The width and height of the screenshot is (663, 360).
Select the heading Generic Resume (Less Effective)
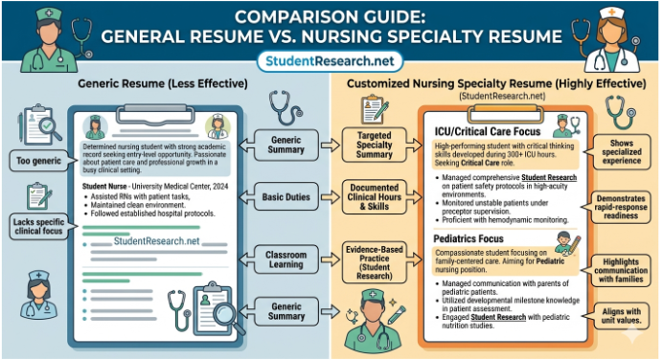(165, 84)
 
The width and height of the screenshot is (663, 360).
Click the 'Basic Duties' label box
(286, 196)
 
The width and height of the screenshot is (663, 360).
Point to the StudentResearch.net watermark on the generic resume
(155, 241)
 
